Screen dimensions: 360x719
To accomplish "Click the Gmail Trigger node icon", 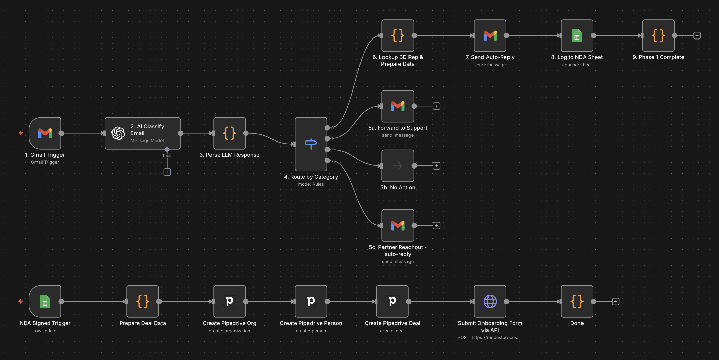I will click(45, 133).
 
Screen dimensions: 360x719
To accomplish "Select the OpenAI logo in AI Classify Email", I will click(118, 133).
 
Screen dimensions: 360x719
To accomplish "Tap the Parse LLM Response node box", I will click(229, 133).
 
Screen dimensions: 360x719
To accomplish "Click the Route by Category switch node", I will click(311, 144).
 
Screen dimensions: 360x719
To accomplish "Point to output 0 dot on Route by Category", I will click(327, 128).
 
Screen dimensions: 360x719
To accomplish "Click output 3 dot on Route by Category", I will click(327, 160).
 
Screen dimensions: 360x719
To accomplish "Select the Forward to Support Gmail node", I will click(398, 106).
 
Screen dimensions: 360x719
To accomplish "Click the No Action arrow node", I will click(398, 166).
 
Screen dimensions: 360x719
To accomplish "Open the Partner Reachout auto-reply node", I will click(398, 225).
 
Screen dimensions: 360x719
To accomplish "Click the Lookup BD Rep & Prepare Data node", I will click(398, 35).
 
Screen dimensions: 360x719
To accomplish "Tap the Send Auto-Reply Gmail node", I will click(490, 35).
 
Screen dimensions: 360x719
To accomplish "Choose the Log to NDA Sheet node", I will click(577, 35).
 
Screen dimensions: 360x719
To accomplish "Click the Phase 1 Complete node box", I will click(658, 35).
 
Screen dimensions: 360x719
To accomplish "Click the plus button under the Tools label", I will click(167, 172).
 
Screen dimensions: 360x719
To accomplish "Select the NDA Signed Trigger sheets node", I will click(45, 301).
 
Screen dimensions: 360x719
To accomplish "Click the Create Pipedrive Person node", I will click(311, 301).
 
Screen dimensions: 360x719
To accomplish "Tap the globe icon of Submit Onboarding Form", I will click(490, 301).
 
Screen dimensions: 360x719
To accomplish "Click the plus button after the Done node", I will click(616, 301).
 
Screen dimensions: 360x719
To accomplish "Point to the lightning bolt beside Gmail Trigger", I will click(21, 133).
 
